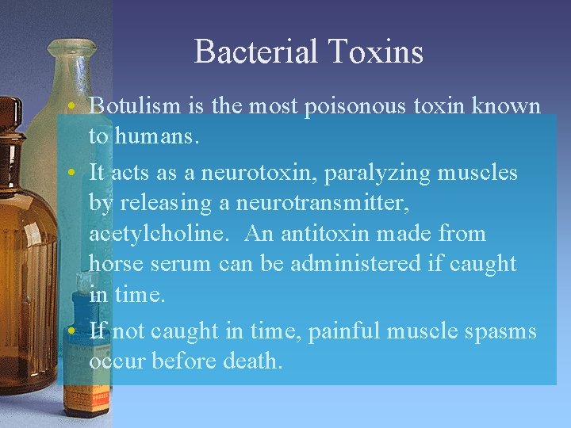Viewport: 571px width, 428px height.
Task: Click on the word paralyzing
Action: [367, 172]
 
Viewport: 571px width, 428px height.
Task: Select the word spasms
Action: [504, 330]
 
